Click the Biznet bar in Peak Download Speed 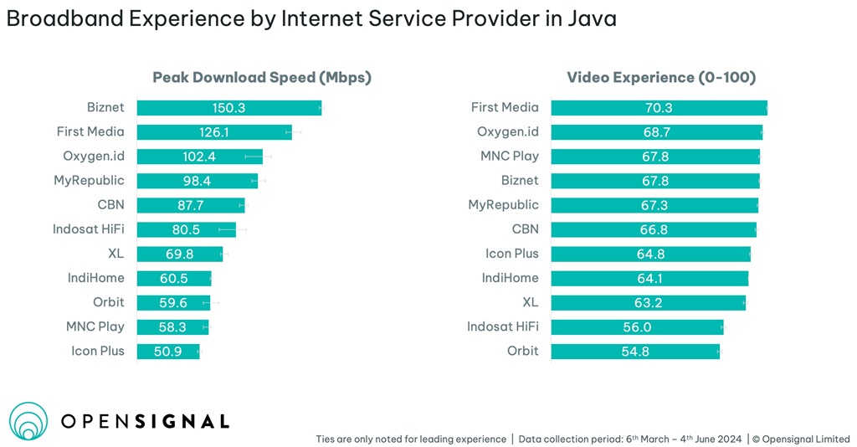pyautogui.click(x=228, y=107)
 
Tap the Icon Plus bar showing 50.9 pyautogui.click(x=167, y=351)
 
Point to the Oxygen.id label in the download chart pyautogui.click(x=93, y=156)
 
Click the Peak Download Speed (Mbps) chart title pyautogui.click(x=261, y=78)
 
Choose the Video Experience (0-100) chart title pyautogui.click(x=661, y=78)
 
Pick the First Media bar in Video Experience pyautogui.click(x=659, y=107)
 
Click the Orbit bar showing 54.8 pyautogui.click(x=634, y=351)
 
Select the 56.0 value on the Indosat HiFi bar pyautogui.click(x=636, y=326)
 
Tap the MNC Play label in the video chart pyautogui.click(x=509, y=156)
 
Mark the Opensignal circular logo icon pyautogui.click(x=28, y=421)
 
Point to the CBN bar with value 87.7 pyautogui.click(x=190, y=205)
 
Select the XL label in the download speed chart pyautogui.click(x=115, y=254)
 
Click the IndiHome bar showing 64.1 pyautogui.click(x=649, y=278)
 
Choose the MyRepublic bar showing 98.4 pyautogui.click(x=197, y=181)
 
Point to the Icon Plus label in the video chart pyautogui.click(x=511, y=254)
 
